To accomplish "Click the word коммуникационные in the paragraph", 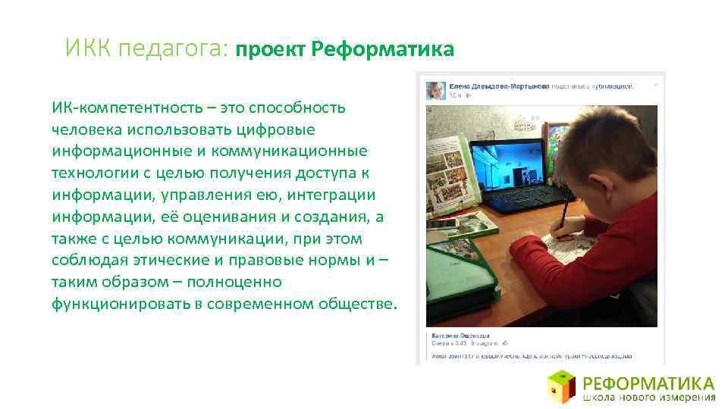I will pos(302,151).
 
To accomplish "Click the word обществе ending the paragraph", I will pos(355,304).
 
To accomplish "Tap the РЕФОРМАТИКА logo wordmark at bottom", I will pos(649,382).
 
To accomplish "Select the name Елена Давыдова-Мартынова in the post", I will pos(497,86).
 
